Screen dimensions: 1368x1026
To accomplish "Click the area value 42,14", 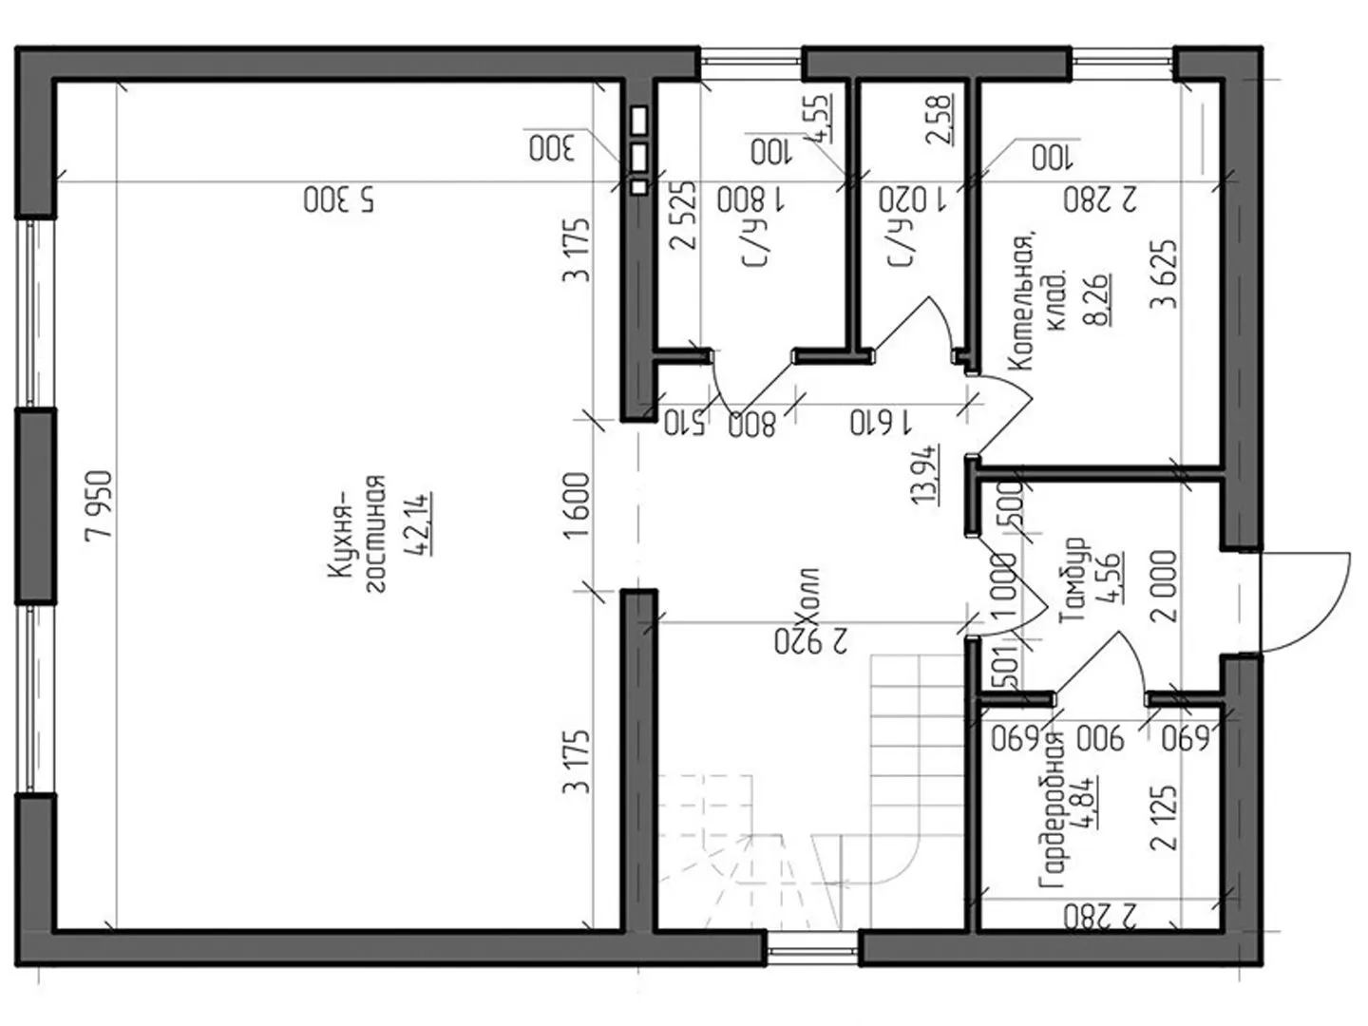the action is [x=419, y=523].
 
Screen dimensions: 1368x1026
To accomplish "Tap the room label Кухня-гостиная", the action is [x=356, y=535].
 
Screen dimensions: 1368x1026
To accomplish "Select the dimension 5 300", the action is [x=340, y=200].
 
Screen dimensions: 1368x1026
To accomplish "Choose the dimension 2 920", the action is [x=811, y=641].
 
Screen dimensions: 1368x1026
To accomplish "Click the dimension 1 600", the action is [x=575, y=505].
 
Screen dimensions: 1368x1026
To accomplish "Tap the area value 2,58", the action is [x=940, y=120].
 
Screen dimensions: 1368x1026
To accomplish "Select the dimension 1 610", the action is [x=881, y=424].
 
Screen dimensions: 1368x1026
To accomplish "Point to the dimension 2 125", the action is [x=1164, y=817].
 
